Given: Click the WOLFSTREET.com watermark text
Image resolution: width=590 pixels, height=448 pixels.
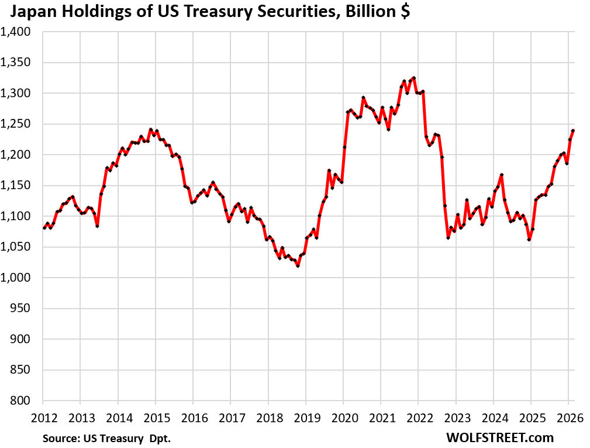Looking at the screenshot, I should [x=499, y=437].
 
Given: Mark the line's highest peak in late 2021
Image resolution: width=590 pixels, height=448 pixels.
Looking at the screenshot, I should [x=413, y=78].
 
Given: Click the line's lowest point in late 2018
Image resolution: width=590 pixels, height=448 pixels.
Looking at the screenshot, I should [x=298, y=266].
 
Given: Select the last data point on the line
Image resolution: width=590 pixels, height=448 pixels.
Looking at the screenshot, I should [x=573, y=131].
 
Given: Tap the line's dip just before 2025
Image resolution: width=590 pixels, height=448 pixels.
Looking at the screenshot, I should [x=529, y=240].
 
